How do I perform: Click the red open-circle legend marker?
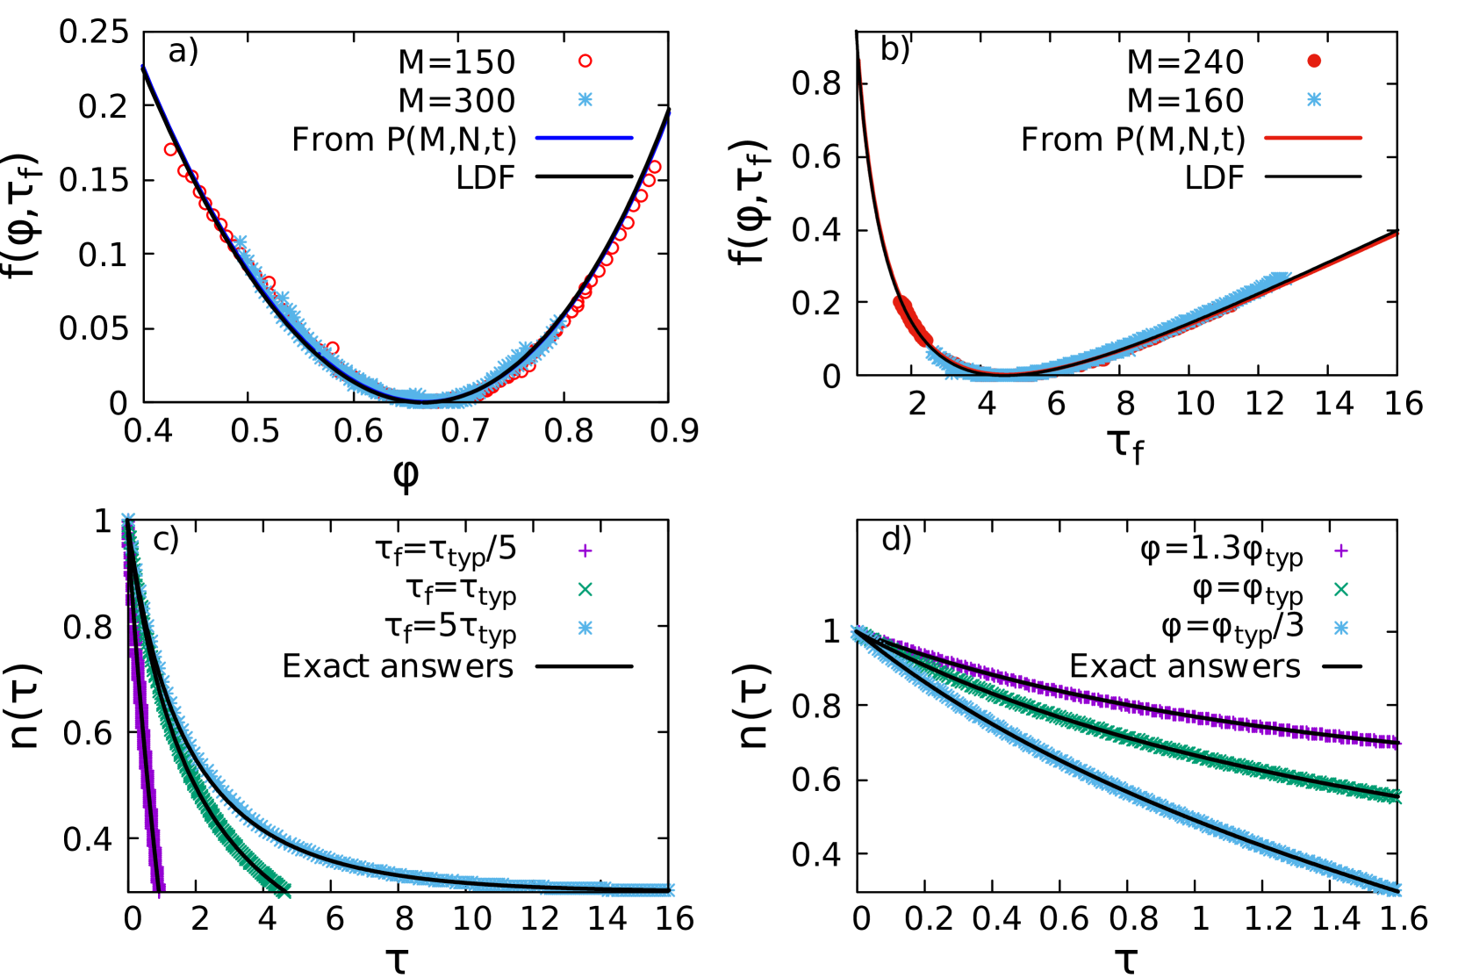(x=585, y=61)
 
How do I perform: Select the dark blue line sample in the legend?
(x=584, y=138)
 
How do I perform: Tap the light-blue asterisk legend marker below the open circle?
(x=585, y=99)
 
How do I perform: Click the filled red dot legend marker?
(x=1313, y=61)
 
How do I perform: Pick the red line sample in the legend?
(x=1312, y=138)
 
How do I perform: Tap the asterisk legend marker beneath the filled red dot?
(x=1313, y=99)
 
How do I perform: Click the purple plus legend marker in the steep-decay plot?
(x=585, y=550)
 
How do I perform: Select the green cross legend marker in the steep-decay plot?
(x=585, y=589)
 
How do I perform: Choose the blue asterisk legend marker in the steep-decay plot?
(x=585, y=628)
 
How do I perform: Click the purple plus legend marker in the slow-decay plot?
(x=1340, y=550)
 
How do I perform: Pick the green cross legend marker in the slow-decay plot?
(x=1340, y=589)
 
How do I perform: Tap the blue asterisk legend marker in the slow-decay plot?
(x=1340, y=628)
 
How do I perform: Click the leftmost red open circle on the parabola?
(x=170, y=150)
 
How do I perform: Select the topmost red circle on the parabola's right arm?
(x=654, y=167)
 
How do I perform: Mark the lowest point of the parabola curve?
(x=426, y=401)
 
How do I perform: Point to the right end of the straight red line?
(x=1397, y=234)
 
